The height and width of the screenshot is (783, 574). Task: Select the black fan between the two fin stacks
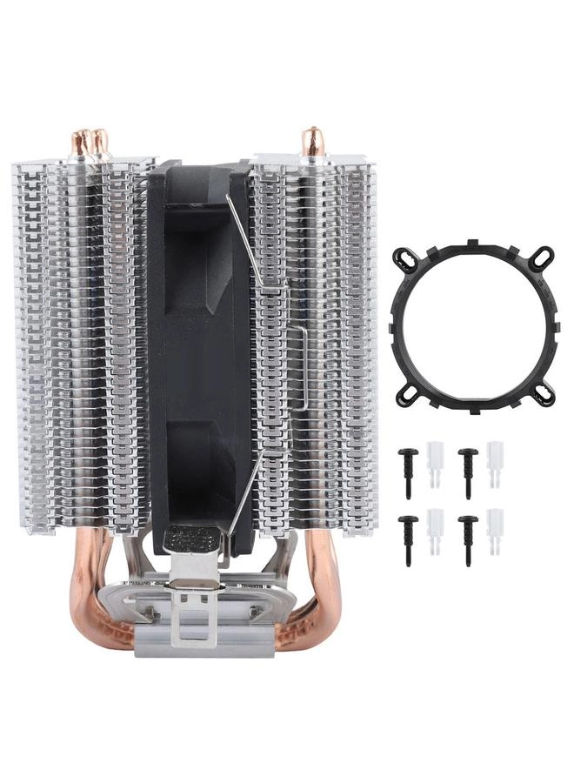coord(200,348)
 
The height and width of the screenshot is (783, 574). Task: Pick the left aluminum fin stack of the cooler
coord(83,348)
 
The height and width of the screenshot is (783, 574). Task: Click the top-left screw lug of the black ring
coord(402,258)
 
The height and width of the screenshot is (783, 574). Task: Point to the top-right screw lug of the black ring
coord(542,256)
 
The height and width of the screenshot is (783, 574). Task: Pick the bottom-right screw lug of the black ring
coord(543,396)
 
